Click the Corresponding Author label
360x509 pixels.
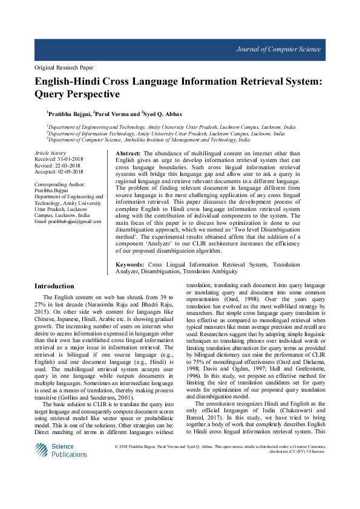[x=60, y=184]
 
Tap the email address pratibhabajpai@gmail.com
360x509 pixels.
[x=68, y=222]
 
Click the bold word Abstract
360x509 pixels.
[x=128, y=155]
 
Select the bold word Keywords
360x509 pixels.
[x=129, y=265]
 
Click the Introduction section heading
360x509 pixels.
[x=54, y=286]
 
